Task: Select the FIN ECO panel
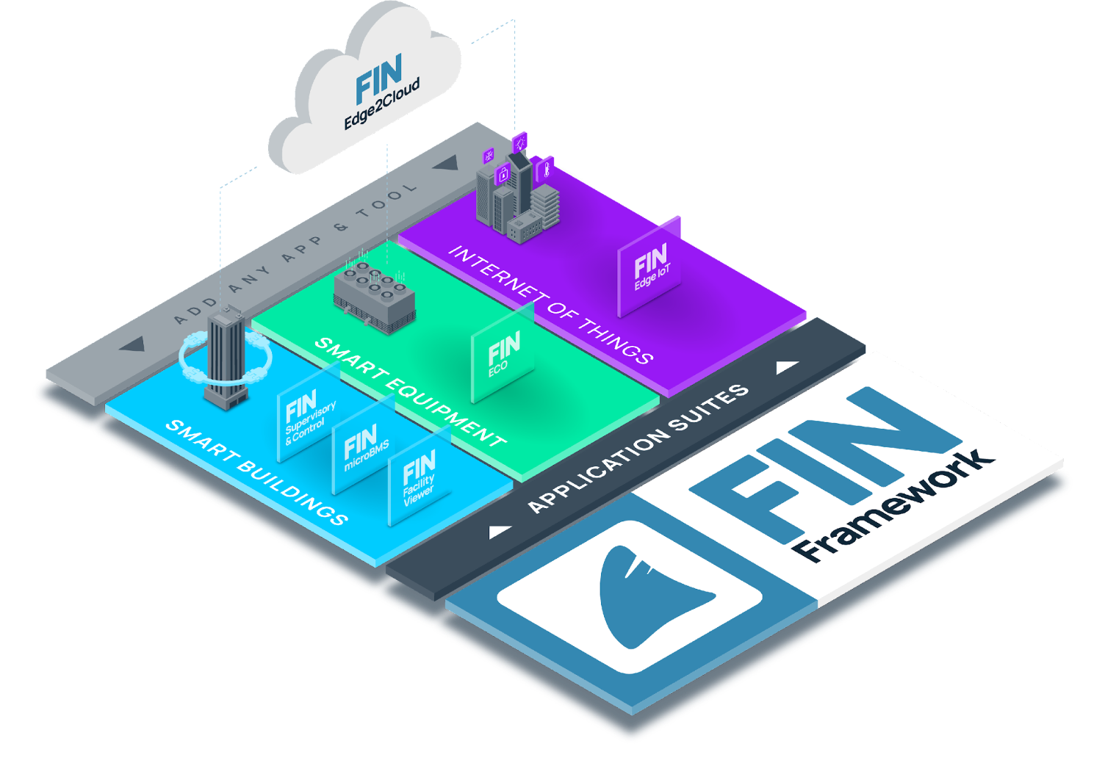click(x=503, y=353)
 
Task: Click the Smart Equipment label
click(x=409, y=391)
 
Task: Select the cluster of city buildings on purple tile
click(x=516, y=192)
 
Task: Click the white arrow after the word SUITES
click(x=787, y=366)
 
